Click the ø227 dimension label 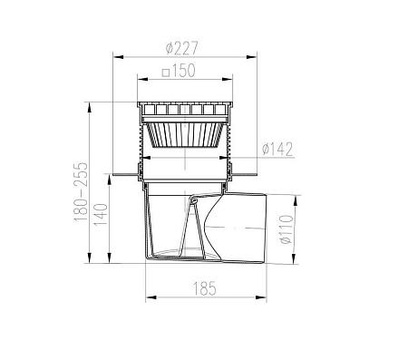182,48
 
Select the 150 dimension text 184,70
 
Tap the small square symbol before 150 165,73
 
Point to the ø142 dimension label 277,149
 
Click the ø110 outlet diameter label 287,229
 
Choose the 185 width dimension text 205,288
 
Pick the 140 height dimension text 101,215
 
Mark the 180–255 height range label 81,192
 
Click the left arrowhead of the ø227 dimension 119,57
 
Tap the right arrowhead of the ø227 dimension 251,57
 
